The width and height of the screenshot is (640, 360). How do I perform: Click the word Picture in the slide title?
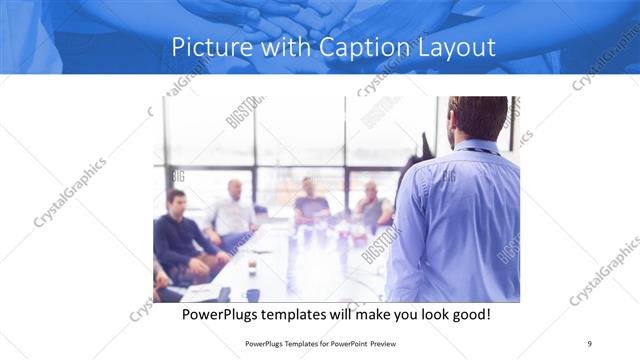click(x=208, y=47)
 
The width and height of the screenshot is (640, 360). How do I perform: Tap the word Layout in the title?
click(x=455, y=47)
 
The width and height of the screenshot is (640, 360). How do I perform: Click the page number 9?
click(x=590, y=343)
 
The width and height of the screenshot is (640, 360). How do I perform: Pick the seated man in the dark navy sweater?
click(x=176, y=235)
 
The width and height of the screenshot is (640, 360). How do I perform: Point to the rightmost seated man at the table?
click(x=373, y=206)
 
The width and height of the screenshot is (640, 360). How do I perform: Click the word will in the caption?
click(x=365, y=314)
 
